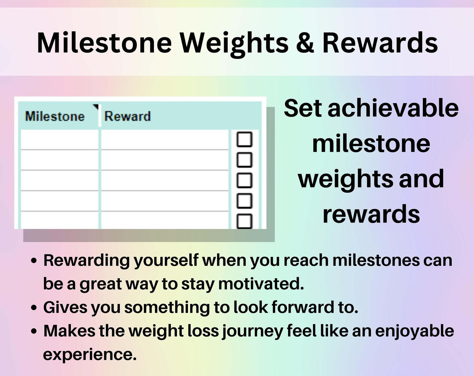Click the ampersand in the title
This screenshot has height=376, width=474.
(305, 43)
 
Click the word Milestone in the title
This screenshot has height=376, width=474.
(104, 43)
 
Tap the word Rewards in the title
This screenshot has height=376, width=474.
(380, 43)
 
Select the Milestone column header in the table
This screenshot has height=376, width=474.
(55, 116)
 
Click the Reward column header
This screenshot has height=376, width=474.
(128, 116)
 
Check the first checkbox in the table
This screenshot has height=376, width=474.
(244, 139)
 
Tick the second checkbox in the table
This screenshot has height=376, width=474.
(244, 160)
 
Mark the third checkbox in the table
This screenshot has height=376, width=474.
(244, 180)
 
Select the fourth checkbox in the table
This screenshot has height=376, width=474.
(244, 201)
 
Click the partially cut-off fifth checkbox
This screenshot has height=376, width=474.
(244, 221)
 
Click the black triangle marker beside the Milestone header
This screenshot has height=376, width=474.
(96, 107)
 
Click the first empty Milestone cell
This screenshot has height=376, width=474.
(59, 140)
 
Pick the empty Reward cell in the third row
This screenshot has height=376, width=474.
(165, 180)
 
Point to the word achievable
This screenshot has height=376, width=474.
(393, 109)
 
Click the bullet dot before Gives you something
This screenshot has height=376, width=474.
(34, 307)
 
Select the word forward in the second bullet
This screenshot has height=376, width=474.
(303, 307)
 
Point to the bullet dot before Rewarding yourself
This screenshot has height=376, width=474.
(34, 260)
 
